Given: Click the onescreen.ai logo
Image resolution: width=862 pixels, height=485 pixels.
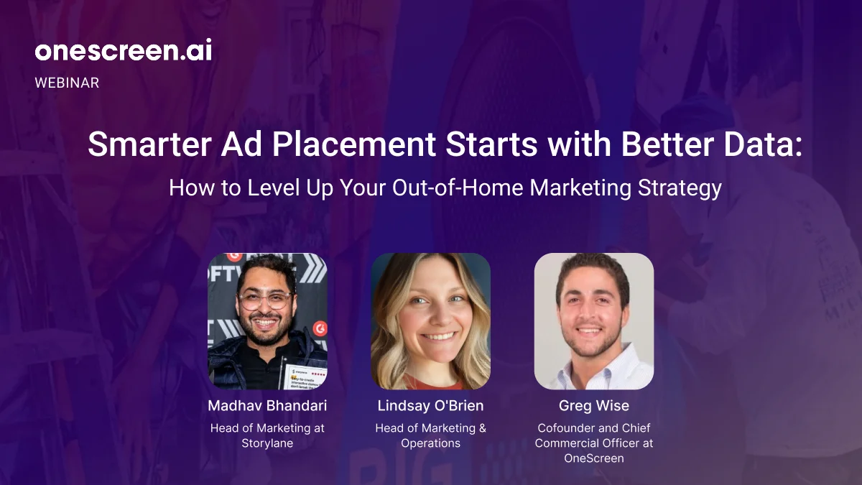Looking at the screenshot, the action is pos(123,50).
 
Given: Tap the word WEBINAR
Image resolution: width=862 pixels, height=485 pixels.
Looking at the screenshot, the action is pos(67,83).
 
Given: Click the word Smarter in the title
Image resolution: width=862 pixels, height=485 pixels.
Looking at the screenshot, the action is pos(149,144).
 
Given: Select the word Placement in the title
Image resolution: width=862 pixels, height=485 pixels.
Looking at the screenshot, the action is pos(354,144).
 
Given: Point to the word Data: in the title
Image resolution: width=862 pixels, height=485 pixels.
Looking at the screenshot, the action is pos(764,144).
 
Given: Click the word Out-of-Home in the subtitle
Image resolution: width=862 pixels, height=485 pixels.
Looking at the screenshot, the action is pos(458,188).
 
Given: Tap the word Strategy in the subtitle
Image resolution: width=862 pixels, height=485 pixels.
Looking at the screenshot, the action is pos(680,188).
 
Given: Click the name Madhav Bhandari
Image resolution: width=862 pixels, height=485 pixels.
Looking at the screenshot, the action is pos(267,406).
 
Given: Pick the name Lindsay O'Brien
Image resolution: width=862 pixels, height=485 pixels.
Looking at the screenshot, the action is pos(430,406).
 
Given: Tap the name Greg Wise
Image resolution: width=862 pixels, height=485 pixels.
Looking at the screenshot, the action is pos(594,406).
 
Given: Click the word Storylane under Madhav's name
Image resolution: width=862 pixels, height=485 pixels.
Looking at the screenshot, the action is pos(267,443).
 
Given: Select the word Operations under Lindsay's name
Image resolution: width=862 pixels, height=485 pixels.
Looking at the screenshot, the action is pos(430,443).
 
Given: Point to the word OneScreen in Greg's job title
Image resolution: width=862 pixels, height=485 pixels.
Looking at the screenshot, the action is pos(594,458).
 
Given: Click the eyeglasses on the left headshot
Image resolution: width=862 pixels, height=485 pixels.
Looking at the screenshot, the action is pos(265,300).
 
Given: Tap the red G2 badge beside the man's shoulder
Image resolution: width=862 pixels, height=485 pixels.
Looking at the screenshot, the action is pos(320,328).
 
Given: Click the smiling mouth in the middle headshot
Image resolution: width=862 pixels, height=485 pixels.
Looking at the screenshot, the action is pos(439,336).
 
